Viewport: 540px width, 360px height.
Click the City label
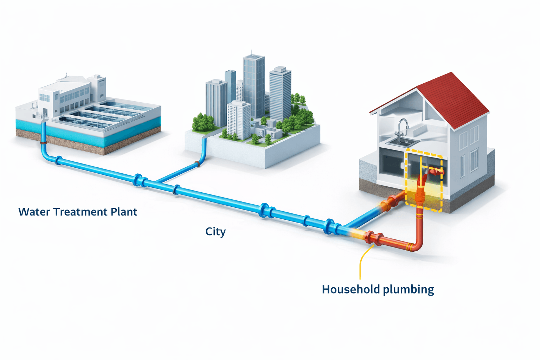(x=215, y=232)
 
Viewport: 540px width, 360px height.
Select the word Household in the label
(x=351, y=289)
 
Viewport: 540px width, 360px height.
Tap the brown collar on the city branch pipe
(x=198, y=164)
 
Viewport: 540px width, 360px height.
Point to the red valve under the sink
(x=436, y=172)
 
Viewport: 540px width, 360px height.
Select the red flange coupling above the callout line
(x=373, y=238)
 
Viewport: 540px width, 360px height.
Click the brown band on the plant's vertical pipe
(x=44, y=143)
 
